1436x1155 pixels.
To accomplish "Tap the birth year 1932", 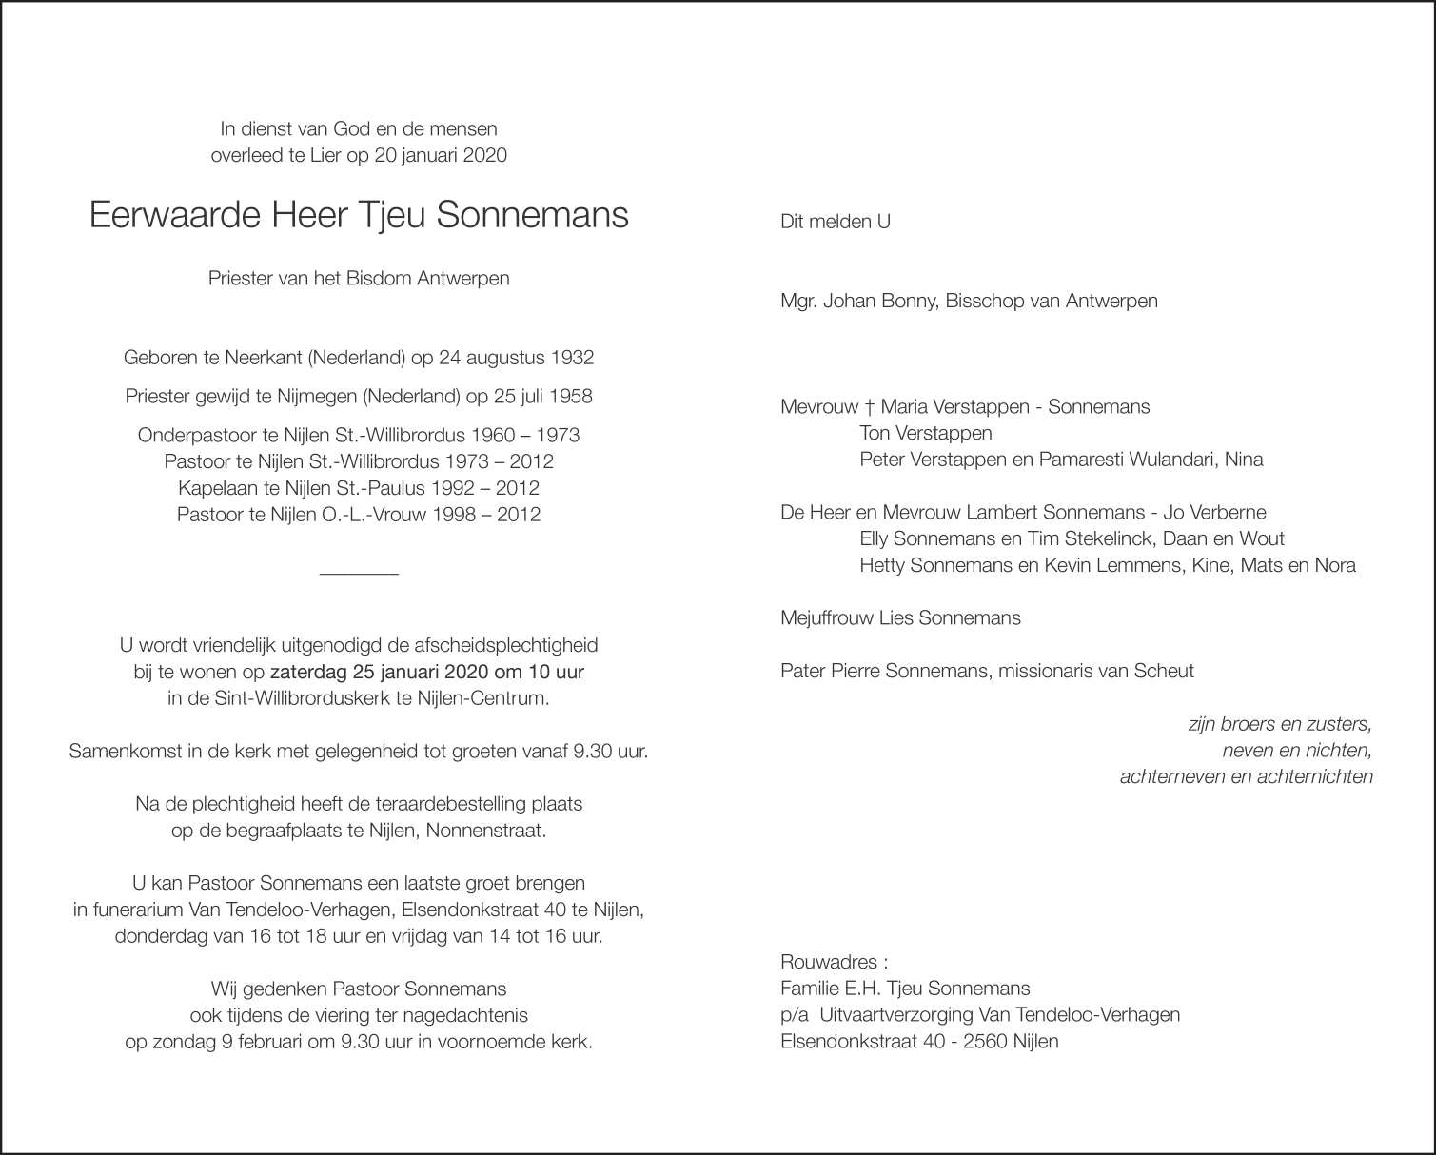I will pyautogui.click(x=572, y=359).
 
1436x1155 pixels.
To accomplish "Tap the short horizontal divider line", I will pyautogui.click(x=359, y=572).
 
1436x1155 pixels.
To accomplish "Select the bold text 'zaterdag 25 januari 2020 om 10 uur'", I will pyautogui.click(x=427, y=672).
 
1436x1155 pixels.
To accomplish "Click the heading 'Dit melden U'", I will pyautogui.click(x=835, y=222).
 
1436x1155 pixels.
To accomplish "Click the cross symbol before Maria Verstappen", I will pyautogui.click(x=869, y=407).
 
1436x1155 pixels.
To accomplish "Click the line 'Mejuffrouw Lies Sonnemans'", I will pyautogui.click(x=900, y=618).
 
